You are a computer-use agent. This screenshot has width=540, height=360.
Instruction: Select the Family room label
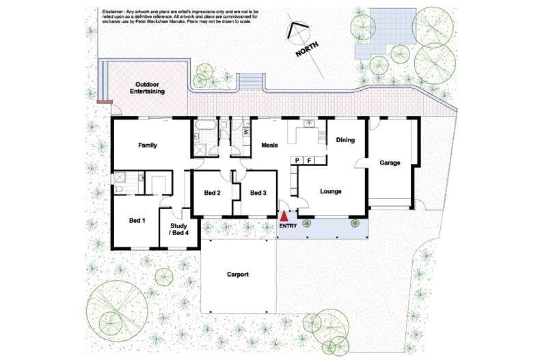(x=148, y=146)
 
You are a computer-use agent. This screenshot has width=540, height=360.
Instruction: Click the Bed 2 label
(x=213, y=193)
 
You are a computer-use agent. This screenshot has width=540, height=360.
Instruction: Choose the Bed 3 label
(x=258, y=193)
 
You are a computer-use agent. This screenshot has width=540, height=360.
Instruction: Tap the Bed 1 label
(x=138, y=220)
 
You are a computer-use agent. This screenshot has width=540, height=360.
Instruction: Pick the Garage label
(x=390, y=163)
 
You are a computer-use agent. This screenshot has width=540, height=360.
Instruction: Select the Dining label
(x=345, y=140)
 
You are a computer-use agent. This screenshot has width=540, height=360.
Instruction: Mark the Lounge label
(x=331, y=191)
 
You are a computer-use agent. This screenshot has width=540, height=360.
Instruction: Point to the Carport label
(x=238, y=275)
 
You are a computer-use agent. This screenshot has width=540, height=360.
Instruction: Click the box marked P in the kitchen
(x=298, y=160)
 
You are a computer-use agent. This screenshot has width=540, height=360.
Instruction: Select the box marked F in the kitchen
(x=310, y=160)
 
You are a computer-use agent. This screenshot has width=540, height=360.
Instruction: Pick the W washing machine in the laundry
(x=245, y=131)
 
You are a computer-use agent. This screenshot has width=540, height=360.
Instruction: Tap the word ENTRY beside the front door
(x=288, y=225)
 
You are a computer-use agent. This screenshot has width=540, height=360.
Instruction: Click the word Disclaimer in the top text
(x=113, y=12)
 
